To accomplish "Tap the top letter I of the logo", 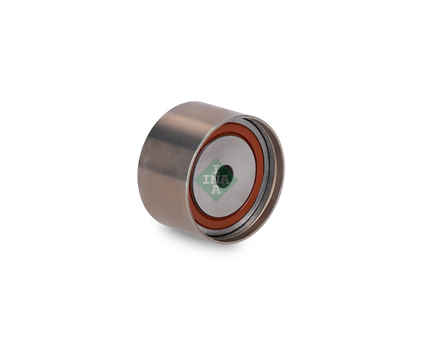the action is tap(216, 168).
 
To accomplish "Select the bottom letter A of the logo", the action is tap(216, 189).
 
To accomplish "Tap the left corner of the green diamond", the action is tap(195, 181).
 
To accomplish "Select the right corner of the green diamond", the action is tap(238, 180).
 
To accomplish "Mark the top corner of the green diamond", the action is tap(217, 158).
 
